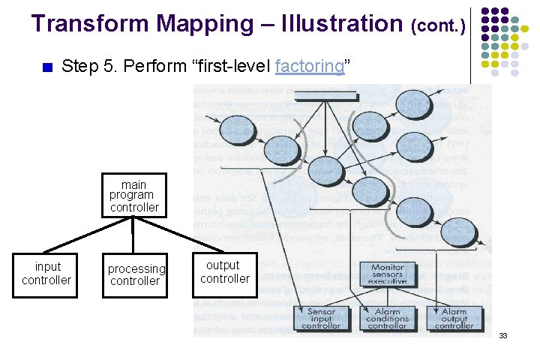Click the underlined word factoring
pyautogui.click(x=310, y=66)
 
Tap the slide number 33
pyautogui.click(x=503, y=335)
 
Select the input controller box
pyautogui.click(x=46, y=274)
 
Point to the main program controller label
pyautogui.click(x=133, y=196)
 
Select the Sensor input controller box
pyautogui.click(x=320, y=319)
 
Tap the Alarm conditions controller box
pyautogui.click(x=387, y=319)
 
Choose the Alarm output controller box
pyautogui.click(x=454, y=319)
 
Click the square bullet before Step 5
pyautogui.click(x=47, y=67)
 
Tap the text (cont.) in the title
pyautogui.click(x=439, y=26)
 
